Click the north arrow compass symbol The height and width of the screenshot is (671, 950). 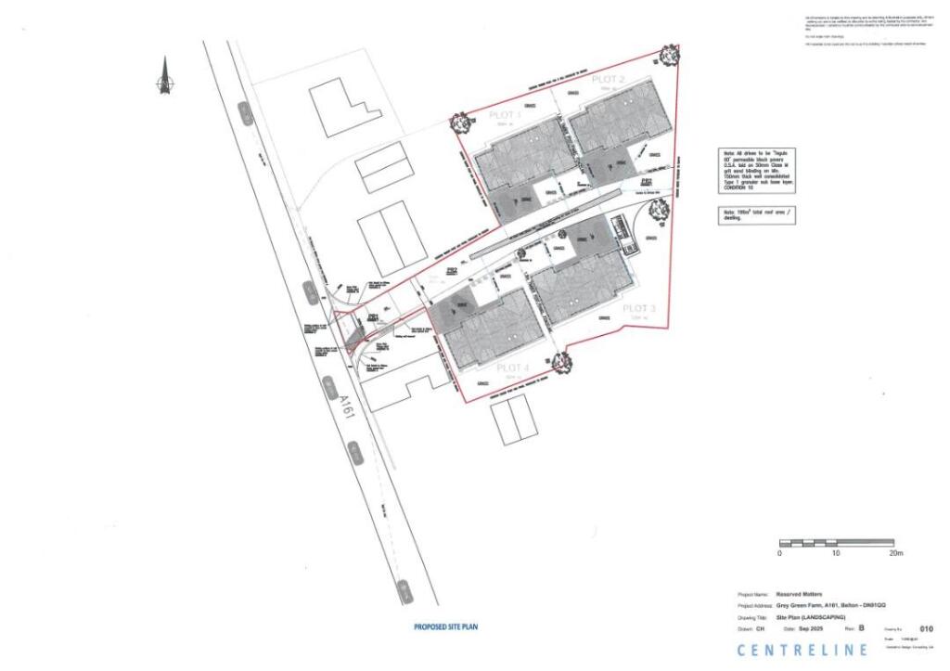click(165, 78)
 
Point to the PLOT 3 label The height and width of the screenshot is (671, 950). click(639, 308)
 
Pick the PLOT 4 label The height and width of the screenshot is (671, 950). click(512, 368)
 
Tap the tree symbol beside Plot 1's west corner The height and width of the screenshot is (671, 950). click(459, 122)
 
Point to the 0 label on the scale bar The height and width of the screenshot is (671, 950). click(779, 553)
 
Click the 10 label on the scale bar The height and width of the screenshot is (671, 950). click(836, 553)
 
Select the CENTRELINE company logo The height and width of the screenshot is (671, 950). click(802, 650)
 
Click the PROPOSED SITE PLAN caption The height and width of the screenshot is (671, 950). click(445, 626)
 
